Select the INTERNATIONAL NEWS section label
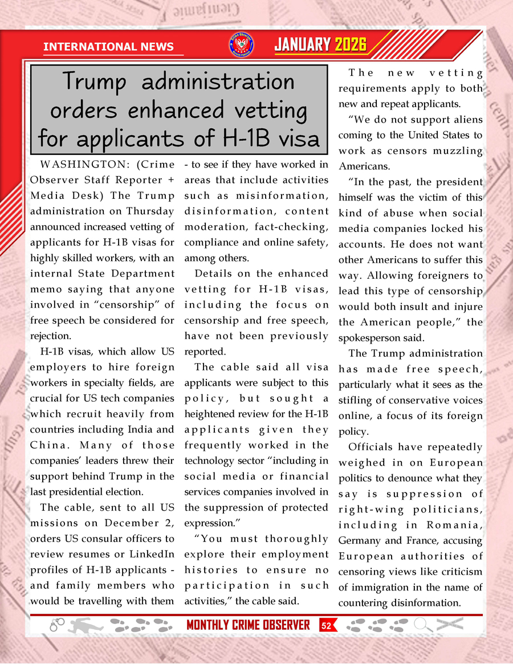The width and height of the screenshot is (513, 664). click(x=108, y=47)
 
